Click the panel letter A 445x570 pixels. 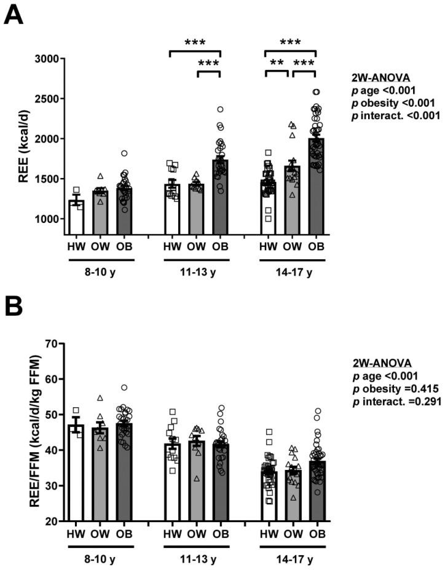pos(14,13)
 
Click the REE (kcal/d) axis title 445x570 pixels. pos(18,139)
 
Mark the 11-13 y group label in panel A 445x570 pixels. pos(196,269)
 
